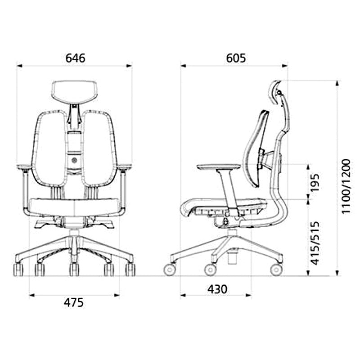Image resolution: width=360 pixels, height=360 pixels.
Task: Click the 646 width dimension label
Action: click(75, 58)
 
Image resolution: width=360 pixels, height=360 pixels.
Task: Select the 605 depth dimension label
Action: click(236, 58)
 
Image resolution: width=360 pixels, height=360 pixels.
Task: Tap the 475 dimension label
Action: click(74, 302)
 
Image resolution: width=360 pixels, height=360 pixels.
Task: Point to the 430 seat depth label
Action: click(217, 289)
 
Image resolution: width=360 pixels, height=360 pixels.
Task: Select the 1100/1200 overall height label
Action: click(346, 185)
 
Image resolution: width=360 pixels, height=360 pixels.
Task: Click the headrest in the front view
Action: click(75, 92)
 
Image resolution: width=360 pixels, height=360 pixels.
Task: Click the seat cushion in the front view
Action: click(74, 207)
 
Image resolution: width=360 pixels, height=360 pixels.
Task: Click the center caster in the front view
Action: click(74, 269)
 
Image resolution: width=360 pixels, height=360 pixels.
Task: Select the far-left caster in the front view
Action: click(19, 269)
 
